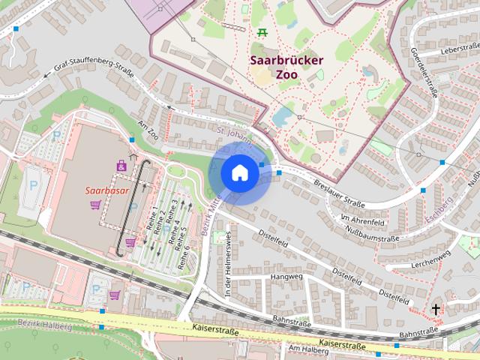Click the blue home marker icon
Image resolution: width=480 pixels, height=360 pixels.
pyautogui.click(x=240, y=173)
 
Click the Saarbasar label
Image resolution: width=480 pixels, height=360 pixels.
pyautogui.click(x=106, y=190)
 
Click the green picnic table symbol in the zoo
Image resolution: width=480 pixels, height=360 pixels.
pyautogui.click(x=262, y=32)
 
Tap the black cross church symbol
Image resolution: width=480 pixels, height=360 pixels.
pyautogui.click(x=436, y=309)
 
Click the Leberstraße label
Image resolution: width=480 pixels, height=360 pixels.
pyautogui.click(x=440, y=49)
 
